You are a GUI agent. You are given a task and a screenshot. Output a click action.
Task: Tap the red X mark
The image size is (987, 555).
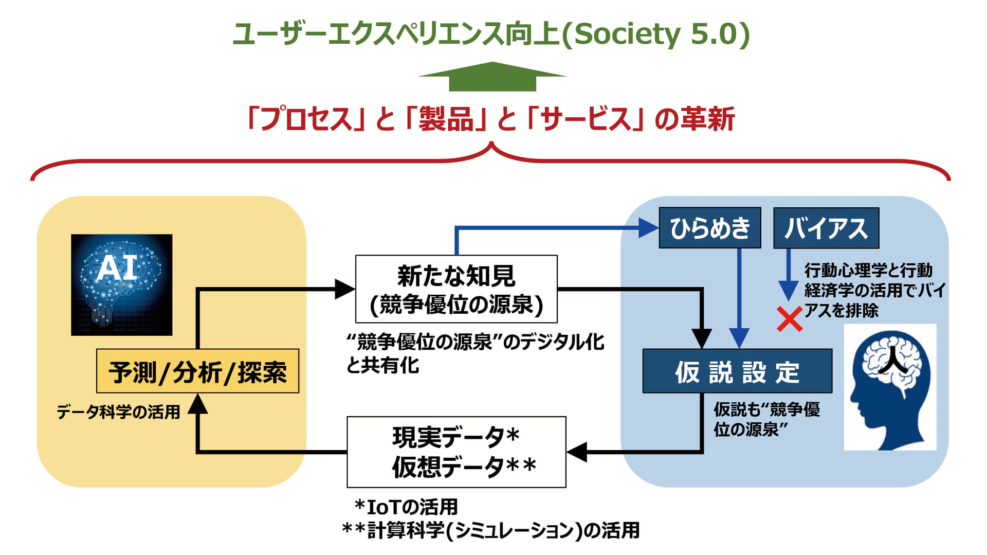pos(789,319)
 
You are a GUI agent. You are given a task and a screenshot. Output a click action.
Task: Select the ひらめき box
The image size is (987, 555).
pos(709,228)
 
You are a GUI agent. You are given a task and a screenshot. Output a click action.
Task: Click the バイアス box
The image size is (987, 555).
pos(826,228)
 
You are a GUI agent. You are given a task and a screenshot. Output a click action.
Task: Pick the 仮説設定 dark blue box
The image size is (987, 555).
pos(737,371)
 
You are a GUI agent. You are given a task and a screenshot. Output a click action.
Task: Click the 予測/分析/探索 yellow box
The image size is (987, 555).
pos(197,371)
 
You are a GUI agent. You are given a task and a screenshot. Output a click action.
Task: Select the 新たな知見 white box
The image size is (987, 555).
pos(456,289)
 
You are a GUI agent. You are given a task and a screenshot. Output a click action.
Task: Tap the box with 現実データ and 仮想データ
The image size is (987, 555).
pos(456,452)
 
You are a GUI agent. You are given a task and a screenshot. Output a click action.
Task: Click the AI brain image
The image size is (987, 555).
pos(121,285)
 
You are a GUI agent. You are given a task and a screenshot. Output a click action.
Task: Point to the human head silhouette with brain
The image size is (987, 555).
pos(890,387)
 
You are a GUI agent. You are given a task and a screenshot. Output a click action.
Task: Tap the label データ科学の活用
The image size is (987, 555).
pos(118,412)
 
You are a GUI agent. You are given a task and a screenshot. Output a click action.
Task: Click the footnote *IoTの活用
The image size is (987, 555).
pos(406,507)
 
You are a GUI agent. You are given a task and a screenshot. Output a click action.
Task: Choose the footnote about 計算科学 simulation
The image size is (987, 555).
pos(491,530)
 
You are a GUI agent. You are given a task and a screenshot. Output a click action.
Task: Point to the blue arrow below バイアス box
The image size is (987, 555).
pos(788,278)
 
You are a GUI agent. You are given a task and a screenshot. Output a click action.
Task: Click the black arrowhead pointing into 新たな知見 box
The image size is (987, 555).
pos(344,289)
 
